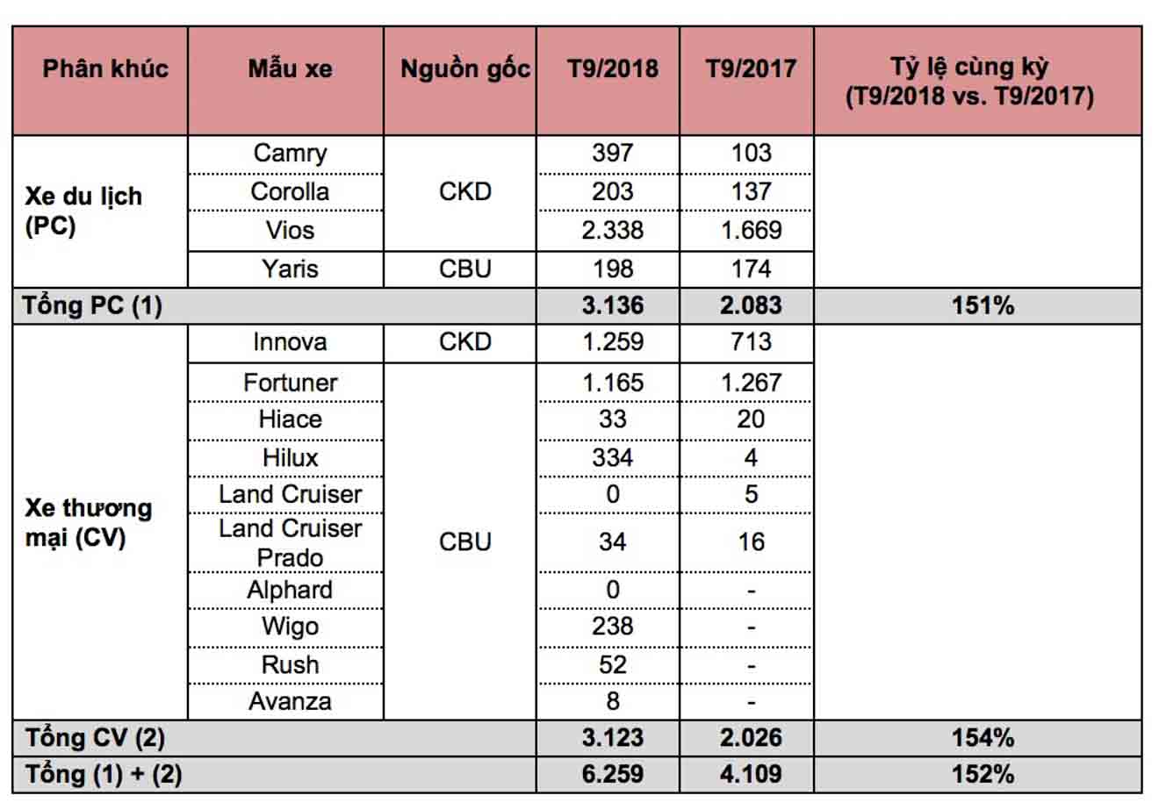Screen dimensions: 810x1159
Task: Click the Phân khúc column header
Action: point(105,69)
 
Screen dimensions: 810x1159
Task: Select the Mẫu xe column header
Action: point(290,69)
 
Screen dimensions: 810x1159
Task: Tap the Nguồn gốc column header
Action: point(464,69)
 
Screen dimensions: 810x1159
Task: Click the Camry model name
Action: point(290,153)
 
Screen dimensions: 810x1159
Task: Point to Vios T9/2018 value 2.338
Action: point(612,230)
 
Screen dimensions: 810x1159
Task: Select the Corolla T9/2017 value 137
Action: point(751,191)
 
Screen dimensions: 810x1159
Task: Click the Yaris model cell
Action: point(290,269)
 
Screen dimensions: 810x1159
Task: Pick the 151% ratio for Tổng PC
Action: point(983,305)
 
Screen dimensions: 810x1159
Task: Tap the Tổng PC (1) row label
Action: point(93,305)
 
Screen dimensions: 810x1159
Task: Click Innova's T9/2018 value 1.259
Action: point(612,341)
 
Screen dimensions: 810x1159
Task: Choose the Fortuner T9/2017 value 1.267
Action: point(751,383)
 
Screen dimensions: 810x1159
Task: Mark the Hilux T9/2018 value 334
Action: point(612,457)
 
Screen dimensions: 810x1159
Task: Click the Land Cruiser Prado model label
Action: point(290,542)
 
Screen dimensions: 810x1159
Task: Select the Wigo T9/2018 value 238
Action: point(612,627)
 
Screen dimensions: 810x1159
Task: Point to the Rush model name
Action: point(290,664)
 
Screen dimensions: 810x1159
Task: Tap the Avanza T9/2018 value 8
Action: point(612,701)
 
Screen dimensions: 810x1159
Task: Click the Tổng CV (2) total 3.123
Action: point(612,737)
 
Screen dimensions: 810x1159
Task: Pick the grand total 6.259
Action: point(612,774)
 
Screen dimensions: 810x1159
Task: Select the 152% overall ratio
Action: point(983,774)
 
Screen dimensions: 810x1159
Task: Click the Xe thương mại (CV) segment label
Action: point(88,522)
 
